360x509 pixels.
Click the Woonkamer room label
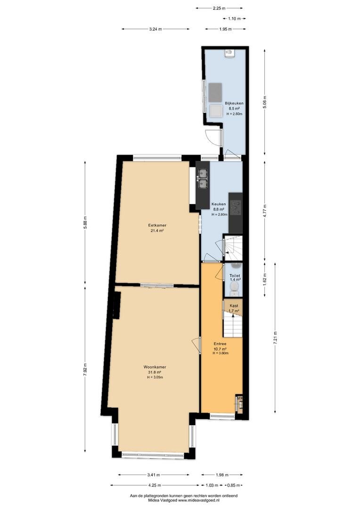pos(155,367)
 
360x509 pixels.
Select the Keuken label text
pos(219,204)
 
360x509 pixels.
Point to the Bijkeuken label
pos(234,104)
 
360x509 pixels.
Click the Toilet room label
pos(235,276)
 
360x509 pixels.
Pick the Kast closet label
pos(234,306)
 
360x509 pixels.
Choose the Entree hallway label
pos(220,344)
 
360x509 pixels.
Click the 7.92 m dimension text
pos(85,369)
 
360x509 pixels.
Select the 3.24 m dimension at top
pos(155,29)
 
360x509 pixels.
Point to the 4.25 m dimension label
pos(154,485)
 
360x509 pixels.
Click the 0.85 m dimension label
pos(233,485)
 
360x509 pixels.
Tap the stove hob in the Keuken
pos(236,208)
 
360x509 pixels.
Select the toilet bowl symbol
pos(234,287)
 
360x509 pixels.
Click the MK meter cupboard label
pos(240,398)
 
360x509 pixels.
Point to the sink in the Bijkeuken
pos(229,53)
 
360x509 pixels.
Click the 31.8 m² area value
pos(155,372)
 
